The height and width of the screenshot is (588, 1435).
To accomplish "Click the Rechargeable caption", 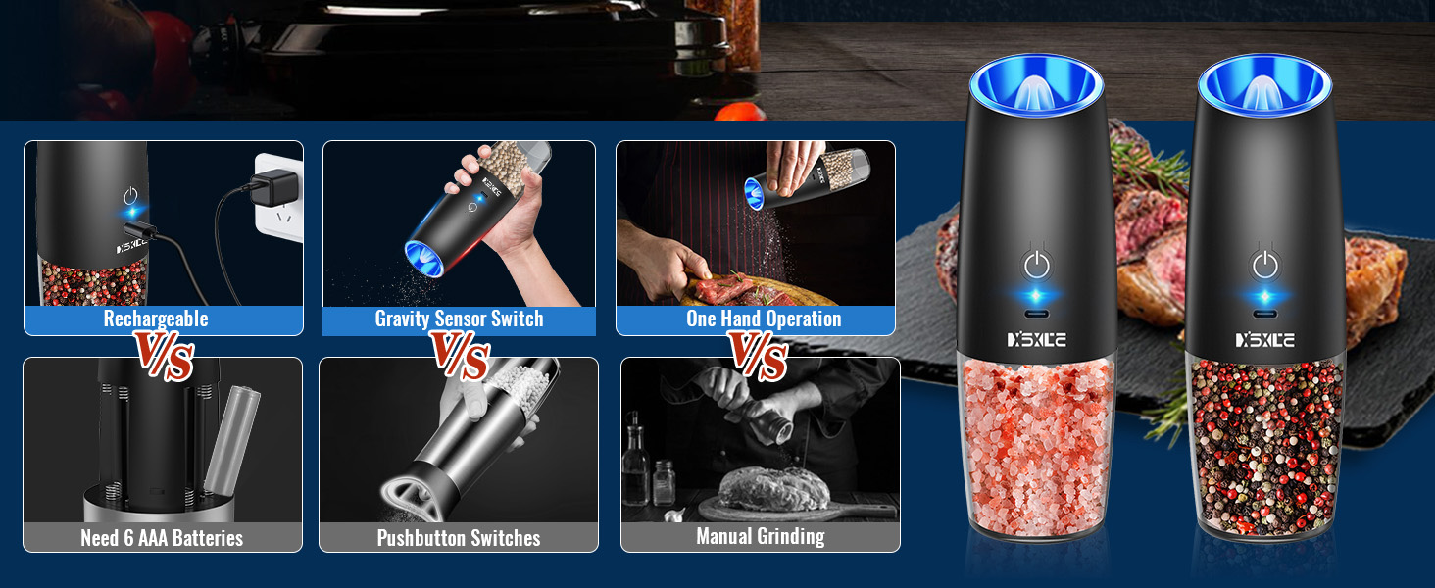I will pyautogui.click(x=156, y=319).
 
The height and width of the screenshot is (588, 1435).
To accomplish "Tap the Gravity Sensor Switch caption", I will pyautogui.click(x=459, y=319).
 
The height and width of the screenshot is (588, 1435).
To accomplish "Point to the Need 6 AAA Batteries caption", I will pyautogui.click(x=162, y=538).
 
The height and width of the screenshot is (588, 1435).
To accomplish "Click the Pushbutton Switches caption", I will pyautogui.click(x=459, y=538).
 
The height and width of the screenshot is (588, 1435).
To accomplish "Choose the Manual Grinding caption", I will pyautogui.click(x=760, y=536).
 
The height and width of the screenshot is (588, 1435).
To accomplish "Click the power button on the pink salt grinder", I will pyautogui.click(x=1037, y=265).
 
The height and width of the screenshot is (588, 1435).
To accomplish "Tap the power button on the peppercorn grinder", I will pyautogui.click(x=1265, y=265).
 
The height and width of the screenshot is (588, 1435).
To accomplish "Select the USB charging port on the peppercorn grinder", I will pyautogui.click(x=1265, y=316).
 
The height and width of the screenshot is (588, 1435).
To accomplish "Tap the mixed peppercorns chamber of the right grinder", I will pyautogui.click(x=1265, y=441).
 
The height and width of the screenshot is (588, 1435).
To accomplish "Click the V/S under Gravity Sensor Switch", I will pyautogui.click(x=460, y=357).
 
